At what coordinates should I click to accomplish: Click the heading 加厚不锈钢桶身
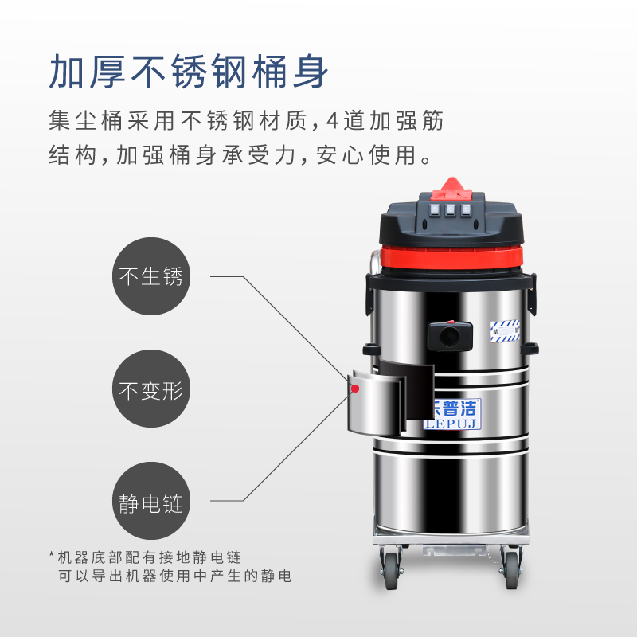(189, 72)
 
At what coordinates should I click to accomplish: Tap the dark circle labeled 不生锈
(151, 276)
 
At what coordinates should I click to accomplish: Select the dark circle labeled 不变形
(151, 389)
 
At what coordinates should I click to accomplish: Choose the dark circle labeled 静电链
(151, 501)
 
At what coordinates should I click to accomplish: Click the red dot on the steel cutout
(355, 389)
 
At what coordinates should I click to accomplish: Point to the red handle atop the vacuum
(451, 190)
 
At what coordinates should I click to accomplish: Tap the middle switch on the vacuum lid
(450, 210)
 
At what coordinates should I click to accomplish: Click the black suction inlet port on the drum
(450, 335)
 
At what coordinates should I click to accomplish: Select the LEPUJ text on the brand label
(451, 424)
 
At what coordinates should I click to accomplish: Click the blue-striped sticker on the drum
(505, 330)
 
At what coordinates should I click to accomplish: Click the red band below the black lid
(451, 256)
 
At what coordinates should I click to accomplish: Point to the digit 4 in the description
(332, 121)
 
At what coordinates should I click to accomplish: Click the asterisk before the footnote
(52, 554)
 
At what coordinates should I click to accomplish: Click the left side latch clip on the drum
(369, 295)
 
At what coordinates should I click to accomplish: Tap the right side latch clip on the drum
(532, 295)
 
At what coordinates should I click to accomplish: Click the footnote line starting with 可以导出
(174, 576)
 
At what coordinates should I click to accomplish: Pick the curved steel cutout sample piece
(377, 402)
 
